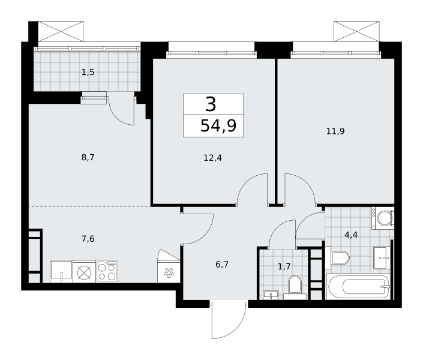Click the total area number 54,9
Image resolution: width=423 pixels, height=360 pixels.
[218, 126]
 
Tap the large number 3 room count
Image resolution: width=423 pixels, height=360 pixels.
[211, 104]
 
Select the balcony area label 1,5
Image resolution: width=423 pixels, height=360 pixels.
[88, 73]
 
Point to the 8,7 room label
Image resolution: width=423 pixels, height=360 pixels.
[88, 157]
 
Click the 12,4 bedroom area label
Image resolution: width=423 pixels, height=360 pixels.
[212, 158]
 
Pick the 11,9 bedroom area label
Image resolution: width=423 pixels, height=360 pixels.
[335, 131]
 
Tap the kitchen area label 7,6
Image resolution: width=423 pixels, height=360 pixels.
[88, 239]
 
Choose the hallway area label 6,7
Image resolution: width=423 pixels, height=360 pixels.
[222, 265]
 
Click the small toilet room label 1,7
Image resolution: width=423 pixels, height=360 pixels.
[284, 266]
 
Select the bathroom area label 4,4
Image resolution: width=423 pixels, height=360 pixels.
[351, 235]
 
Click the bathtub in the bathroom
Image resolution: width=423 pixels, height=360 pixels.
[358, 286]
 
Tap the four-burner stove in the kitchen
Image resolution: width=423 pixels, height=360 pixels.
[107, 271]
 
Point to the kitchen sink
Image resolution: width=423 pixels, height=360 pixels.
[62, 271]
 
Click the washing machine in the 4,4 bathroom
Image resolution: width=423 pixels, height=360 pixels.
[383, 218]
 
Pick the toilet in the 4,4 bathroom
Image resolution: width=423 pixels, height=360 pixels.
[337, 258]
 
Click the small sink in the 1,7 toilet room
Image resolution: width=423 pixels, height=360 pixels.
[271, 295]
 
